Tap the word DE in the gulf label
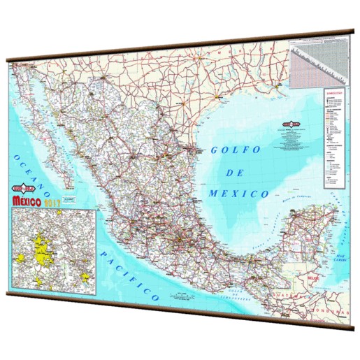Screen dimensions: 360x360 point(234,171)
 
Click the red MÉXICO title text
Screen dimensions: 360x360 point(36,203)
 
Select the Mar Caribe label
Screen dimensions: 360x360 point(341,259)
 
